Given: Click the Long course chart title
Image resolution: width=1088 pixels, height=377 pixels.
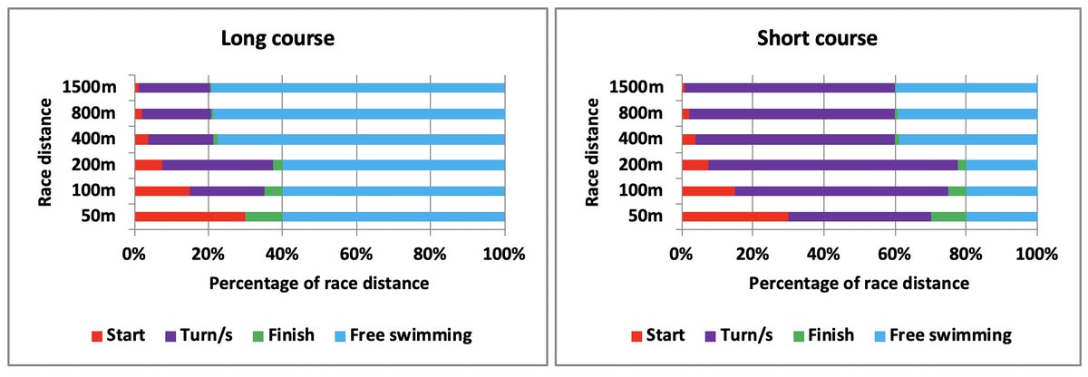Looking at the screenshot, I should tap(278, 39).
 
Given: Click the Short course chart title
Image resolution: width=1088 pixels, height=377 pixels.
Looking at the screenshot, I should tap(818, 39).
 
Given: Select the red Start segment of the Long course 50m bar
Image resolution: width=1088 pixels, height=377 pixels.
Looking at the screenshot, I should tap(189, 217).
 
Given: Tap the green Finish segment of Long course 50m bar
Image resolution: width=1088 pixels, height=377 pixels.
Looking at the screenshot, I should tap(263, 217).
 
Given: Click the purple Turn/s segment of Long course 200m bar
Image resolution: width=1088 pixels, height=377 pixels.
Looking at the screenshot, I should tap(218, 165).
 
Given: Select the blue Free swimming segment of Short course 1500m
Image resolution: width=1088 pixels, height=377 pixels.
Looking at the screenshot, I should tap(967, 88).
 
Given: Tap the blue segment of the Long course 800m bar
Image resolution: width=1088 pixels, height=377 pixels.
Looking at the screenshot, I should tap(354, 113).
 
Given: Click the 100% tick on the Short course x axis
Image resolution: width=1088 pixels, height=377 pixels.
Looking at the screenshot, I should tap(1036, 255).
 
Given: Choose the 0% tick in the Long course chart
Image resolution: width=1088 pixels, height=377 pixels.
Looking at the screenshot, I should tap(134, 255).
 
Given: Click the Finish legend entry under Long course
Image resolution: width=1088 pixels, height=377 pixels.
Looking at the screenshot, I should tap(282, 335).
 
